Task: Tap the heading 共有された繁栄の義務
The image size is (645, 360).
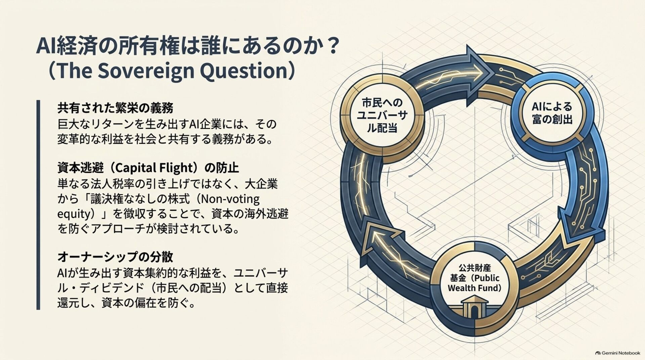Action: click(x=115, y=108)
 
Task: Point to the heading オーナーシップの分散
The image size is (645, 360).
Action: click(x=115, y=257)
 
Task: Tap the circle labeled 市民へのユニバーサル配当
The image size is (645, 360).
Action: click(x=382, y=115)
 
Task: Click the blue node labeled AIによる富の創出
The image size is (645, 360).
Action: click(x=552, y=113)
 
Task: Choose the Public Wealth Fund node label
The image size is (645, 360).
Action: click(x=475, y=278)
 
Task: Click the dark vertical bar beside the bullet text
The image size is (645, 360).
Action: click(x=38, y=205)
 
